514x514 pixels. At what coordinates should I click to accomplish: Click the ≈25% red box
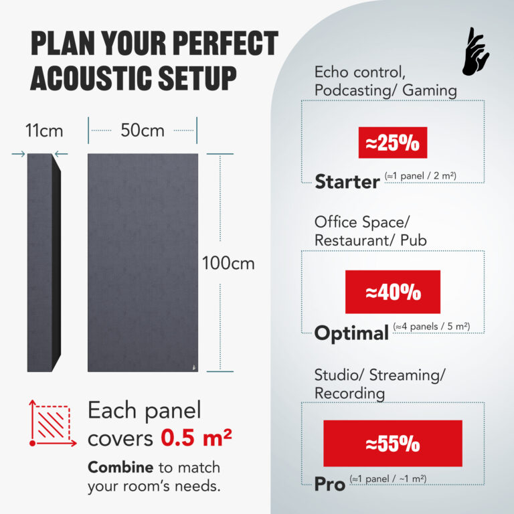click(392, 142)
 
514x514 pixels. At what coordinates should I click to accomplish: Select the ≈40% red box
click(393, 292)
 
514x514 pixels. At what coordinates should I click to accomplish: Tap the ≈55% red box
click(393, 443)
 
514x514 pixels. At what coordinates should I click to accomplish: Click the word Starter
click(347, 181)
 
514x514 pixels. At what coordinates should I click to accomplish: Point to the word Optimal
click(351, 333)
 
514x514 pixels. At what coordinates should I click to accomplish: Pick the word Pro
click(330, 483)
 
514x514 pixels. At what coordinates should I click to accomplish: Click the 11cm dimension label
click(41, 131)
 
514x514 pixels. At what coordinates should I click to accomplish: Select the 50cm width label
click(142, 131)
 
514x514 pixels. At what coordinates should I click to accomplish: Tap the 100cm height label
click(228, 263)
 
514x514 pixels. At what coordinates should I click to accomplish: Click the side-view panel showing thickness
click(42, 261)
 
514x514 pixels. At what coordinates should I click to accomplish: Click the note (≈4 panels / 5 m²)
click(431, 327)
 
